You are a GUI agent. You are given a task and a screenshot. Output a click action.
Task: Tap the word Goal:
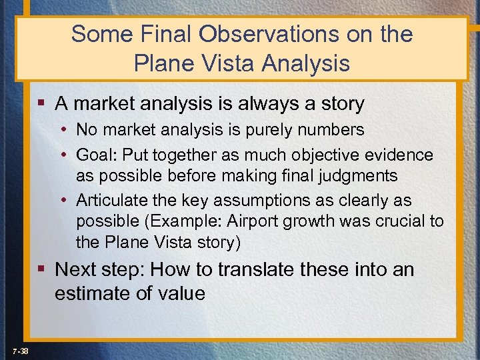(x=98, y=155)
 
